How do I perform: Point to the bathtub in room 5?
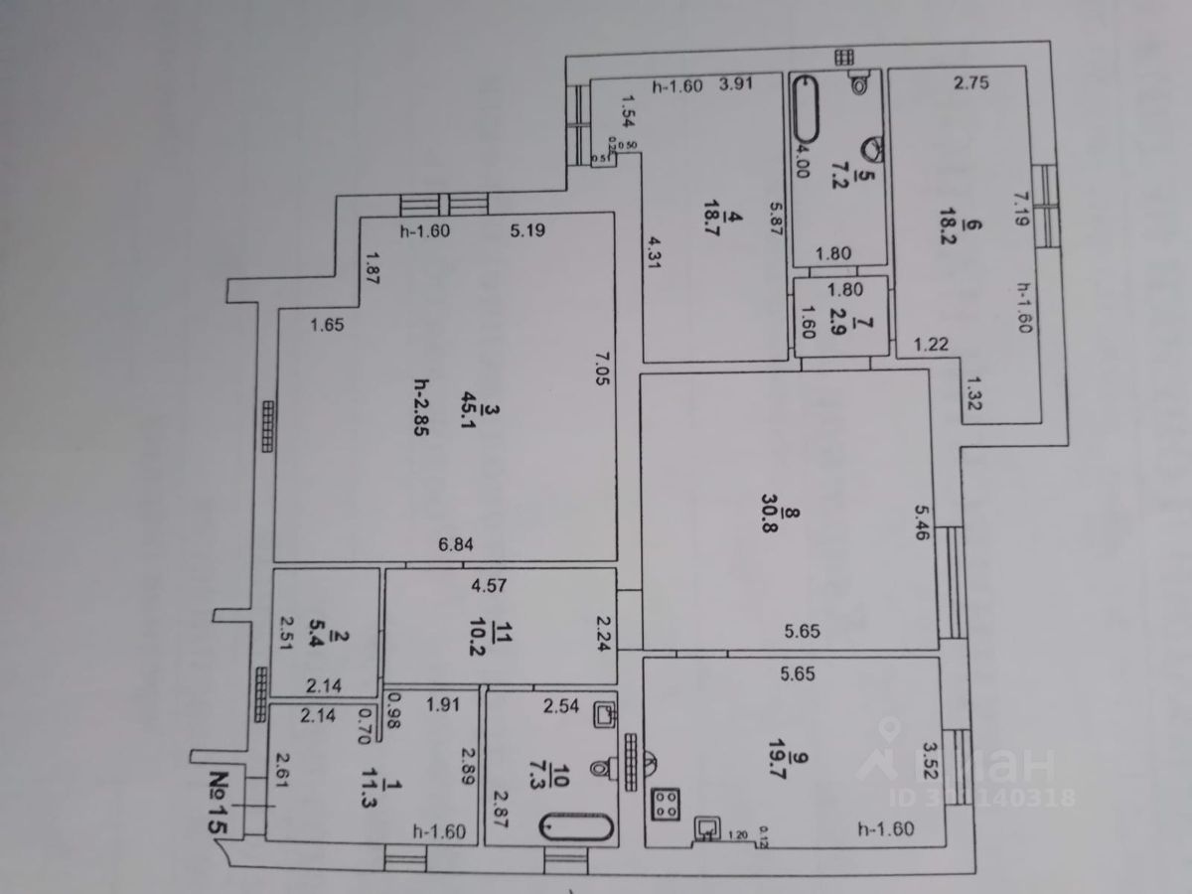805,109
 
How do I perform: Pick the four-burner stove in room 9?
665,803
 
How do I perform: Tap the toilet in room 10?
602,768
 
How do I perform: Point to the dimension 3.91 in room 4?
738,85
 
